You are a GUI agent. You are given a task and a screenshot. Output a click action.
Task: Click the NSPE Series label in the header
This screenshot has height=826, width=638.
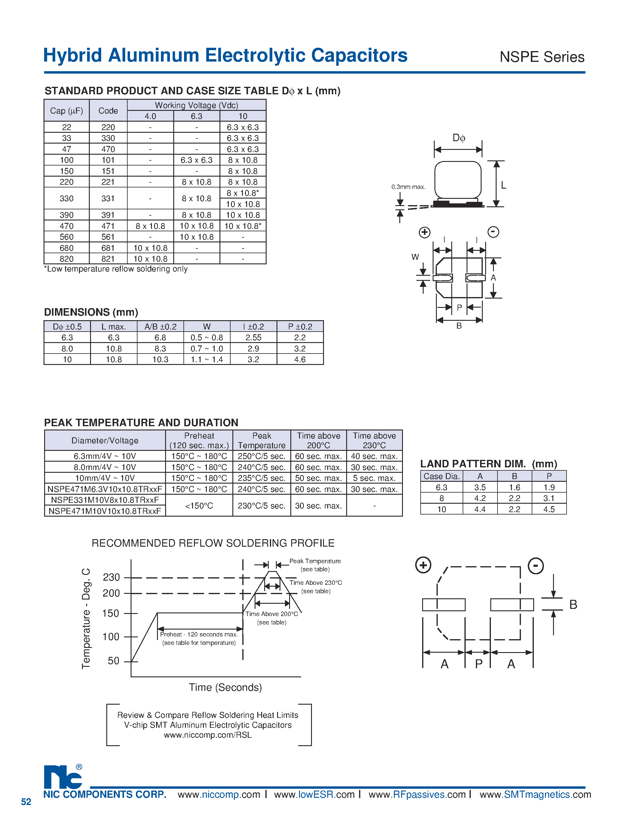542,57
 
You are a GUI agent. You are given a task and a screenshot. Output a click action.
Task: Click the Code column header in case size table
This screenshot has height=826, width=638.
108,111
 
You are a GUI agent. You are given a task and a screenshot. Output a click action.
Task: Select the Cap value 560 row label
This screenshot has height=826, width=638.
67,237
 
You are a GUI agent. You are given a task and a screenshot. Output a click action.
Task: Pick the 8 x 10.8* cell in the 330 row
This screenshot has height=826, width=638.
243,193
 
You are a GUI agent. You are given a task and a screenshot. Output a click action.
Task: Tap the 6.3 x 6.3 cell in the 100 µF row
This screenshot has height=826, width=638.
197,160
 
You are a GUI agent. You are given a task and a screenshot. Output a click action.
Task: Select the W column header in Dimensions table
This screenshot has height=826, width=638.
207,327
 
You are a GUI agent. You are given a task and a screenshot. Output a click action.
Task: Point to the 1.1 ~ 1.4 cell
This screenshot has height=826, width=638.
207,360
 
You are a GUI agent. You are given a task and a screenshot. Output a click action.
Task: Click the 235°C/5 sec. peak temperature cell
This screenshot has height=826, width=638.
262,478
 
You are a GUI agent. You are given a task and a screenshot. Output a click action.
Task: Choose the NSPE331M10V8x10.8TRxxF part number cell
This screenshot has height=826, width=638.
105,500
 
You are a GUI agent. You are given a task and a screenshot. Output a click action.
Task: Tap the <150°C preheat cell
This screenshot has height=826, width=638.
199,506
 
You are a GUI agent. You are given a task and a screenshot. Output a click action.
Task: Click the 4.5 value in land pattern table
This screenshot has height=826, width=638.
549,509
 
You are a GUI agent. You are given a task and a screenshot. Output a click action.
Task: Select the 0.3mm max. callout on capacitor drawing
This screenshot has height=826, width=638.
408,187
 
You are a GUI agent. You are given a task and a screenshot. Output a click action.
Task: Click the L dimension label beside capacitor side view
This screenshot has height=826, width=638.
503,185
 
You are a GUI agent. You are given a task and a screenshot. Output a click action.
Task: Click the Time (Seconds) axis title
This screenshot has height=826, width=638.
225,687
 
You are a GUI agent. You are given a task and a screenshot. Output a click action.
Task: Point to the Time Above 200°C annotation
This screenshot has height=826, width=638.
272,614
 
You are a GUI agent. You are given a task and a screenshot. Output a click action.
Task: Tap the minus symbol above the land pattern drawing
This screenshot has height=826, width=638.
535,566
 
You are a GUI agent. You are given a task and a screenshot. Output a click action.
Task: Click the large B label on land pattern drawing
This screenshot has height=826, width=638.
573,605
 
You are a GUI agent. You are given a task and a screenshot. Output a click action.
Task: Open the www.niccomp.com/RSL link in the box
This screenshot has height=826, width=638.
207,735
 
